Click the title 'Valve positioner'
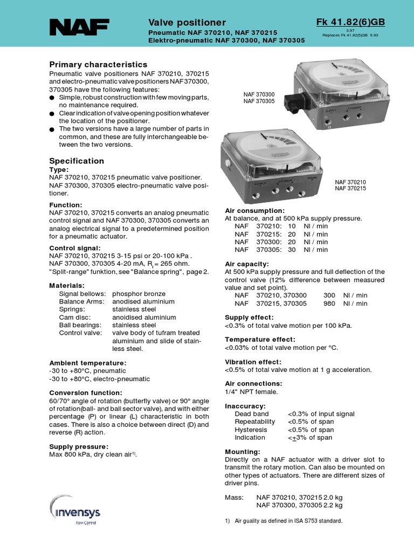pyautogui.click(x=187, y=22)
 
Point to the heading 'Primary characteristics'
pyautogui.click(x=98, y=64)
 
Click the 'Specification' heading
pyautogui.click(x=77, y=161)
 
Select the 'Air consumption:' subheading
pyautogui.click(x=254, y=210)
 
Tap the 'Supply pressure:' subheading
pyautogui.click(x=79, y=446)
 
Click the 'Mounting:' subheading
pyautogui.click(x=242, y=451)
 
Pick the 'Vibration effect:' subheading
pyautogui.click(x=253, y=362)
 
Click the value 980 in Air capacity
pyautogui.click(x=329, y=303)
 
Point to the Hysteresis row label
pyautogui.click(x=250, y=430)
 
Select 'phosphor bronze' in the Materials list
pyautogui.click(x=139, y=294)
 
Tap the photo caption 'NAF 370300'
pyautogui.click(x=259, y=94)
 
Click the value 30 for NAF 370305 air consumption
pyautogui.click(x=292, y=250)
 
